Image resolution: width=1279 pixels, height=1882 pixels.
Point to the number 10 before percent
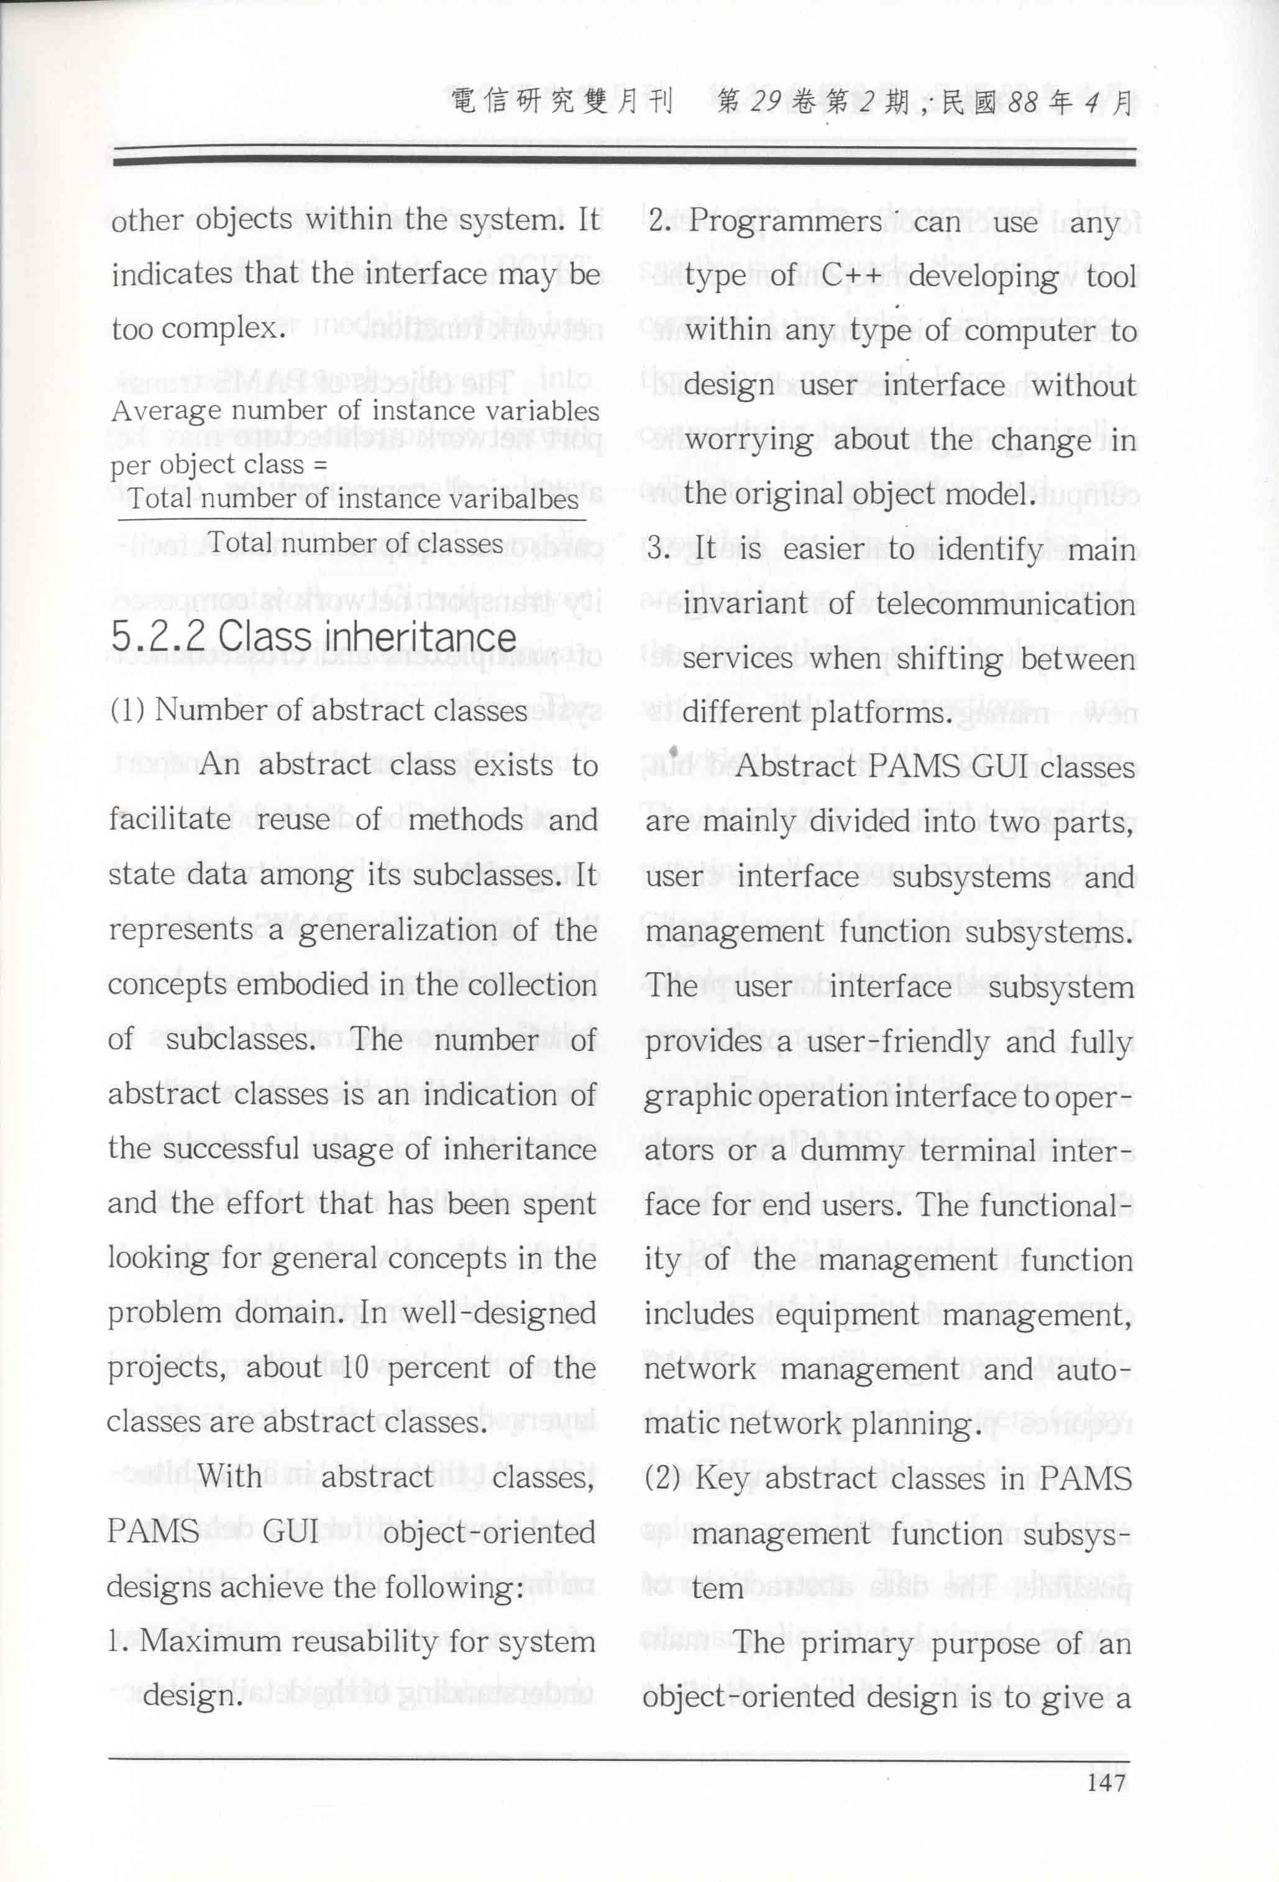[x=355, y=1368]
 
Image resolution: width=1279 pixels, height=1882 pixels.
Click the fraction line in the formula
[x=351, y=519]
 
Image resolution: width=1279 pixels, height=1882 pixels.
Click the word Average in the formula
[x=165, y=411]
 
